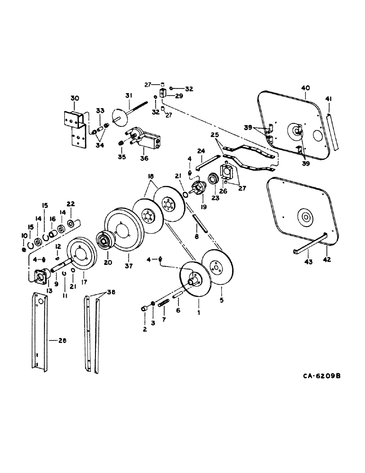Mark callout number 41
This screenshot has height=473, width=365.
tap(329, 98)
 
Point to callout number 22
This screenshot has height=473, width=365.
tap(71, 204)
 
